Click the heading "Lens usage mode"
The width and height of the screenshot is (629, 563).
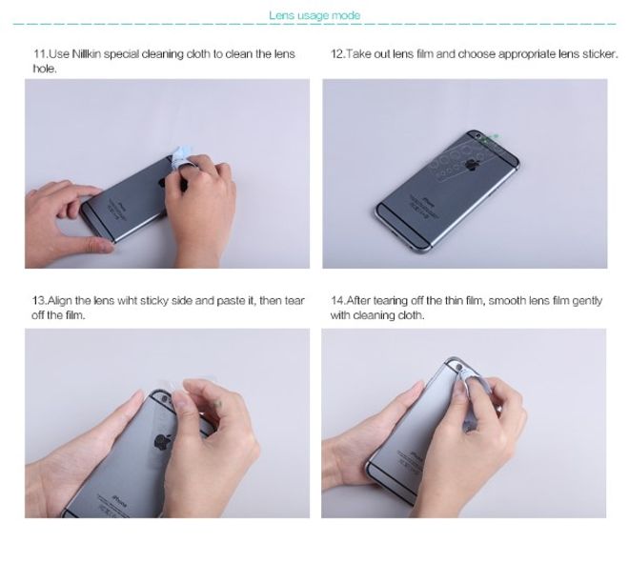[314, 14]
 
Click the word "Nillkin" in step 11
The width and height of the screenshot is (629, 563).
[86, 54]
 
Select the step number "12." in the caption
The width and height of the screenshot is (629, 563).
[337, 54]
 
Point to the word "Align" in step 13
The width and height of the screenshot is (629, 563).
[61, 301]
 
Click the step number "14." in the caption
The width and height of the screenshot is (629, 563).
[337, 301]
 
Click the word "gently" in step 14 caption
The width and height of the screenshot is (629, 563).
[586, 301]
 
